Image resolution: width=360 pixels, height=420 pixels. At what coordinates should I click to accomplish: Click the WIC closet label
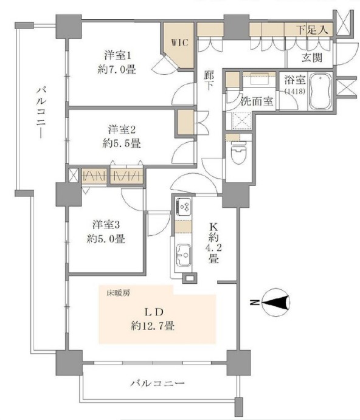(180, 43)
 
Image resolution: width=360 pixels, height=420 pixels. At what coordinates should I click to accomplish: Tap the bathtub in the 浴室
(320, 91)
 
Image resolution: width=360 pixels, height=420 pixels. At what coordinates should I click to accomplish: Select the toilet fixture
(238, 153)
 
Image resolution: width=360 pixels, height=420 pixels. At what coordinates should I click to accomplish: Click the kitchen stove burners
(184, 206)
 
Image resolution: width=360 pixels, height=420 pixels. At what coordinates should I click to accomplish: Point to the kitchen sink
(184, 255)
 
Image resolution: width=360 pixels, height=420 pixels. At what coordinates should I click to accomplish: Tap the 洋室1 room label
(117, 56)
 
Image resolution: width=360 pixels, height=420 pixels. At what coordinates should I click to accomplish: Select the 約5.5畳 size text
(122, 143)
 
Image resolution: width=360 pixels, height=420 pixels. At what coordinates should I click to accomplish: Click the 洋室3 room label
(106, 224)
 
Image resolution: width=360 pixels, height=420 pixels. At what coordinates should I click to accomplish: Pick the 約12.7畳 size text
(153, 326)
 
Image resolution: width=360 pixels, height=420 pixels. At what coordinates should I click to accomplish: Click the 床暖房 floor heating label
(119, 294)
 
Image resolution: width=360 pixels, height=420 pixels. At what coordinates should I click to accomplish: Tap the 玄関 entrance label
(312, 58)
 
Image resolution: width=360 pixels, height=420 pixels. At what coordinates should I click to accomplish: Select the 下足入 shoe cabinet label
(313, 29)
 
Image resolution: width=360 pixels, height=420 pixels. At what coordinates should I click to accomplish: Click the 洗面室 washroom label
(257, 102)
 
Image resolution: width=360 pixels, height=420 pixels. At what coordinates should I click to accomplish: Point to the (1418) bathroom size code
(294, 91)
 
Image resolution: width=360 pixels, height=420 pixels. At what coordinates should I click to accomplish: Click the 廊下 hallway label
(209, 80)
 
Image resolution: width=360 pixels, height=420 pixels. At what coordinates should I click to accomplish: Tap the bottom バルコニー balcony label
(157, 384)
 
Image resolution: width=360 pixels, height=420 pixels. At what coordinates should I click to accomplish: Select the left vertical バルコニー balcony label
(41, 112)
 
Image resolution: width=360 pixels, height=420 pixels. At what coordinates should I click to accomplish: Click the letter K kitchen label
(213, 227)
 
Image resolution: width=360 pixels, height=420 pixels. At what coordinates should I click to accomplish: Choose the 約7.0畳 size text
(117, 70)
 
